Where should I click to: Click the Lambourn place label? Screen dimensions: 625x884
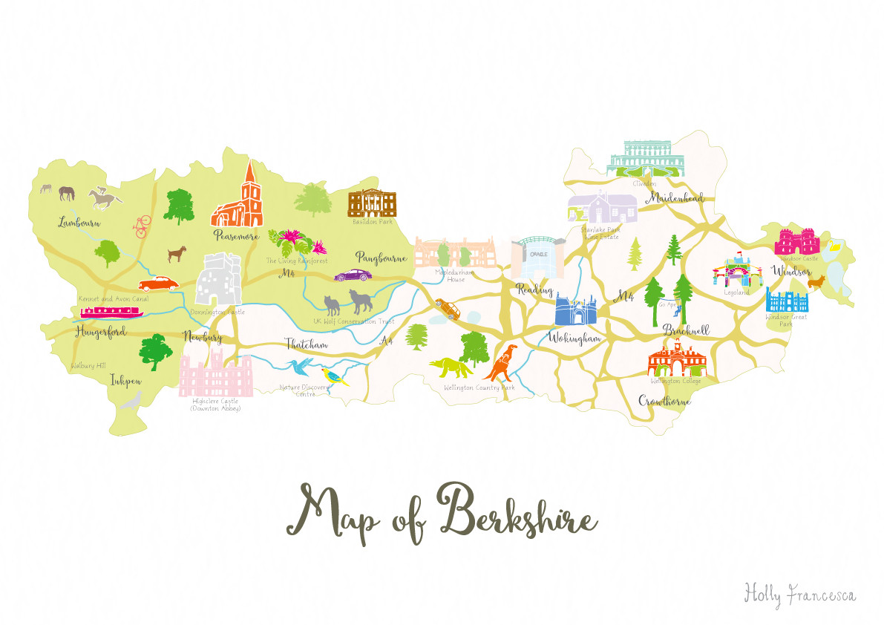81,222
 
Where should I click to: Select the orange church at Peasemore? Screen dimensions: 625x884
239,200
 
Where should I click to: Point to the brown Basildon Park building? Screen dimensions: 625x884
373,202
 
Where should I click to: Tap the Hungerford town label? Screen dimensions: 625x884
100,331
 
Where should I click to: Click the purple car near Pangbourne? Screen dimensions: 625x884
353,275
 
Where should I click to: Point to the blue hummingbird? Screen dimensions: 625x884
302,366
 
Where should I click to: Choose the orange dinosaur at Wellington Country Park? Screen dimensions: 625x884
503,361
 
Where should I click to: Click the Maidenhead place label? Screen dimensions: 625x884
674,199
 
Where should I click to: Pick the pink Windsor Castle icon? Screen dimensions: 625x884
797,242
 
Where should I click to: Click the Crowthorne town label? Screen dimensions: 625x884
664,401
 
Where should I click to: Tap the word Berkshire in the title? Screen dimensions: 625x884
518,514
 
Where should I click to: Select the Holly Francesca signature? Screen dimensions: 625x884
799,593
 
